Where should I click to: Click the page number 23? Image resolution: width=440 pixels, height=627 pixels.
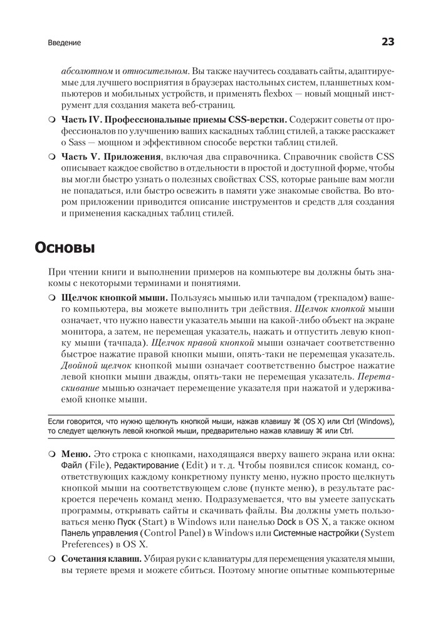pos(387,42)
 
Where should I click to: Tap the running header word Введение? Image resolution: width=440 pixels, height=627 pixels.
pos(65,43)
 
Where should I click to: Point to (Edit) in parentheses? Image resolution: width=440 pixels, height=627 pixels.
pos(194,465)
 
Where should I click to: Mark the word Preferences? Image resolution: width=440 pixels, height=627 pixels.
pos(83,544)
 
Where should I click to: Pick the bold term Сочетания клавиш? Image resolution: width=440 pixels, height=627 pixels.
pos(101,559)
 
